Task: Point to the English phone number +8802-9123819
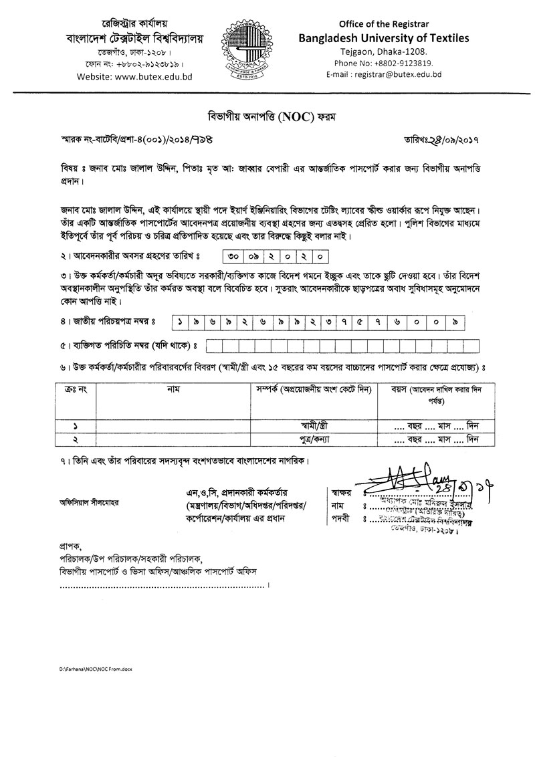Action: pos(384,63)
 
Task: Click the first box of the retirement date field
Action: pos(230,256)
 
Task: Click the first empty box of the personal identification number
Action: pos(214,346)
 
